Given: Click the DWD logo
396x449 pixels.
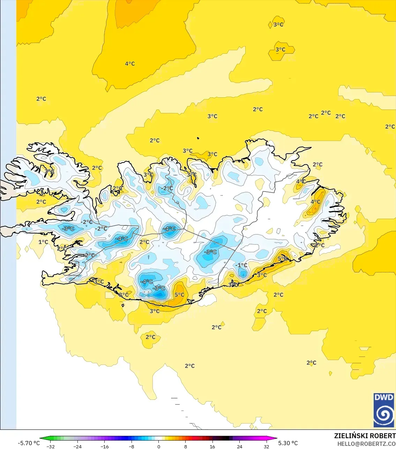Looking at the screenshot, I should click(384, 410).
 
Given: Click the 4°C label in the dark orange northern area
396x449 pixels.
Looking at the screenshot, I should click(130, 64).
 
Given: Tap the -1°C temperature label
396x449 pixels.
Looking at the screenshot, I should click(241, 265).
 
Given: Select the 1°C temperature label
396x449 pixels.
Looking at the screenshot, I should click(43, 242).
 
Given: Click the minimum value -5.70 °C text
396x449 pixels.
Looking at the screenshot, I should click(29, 443).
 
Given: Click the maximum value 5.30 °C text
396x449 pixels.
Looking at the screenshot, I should click(288, 443).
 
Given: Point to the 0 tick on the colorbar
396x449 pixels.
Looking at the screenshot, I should click(159, 446).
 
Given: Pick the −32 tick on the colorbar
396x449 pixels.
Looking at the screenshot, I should click(51, 446).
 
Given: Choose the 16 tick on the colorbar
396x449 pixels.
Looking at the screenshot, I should click(212, 446).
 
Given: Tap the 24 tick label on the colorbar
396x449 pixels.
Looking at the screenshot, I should click(239, 446).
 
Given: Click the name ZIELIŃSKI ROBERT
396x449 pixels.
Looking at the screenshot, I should click(365, 436).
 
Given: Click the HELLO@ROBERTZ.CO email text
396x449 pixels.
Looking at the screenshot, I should click(366, 444).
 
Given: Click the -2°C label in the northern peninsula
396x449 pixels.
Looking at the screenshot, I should click(167, 188).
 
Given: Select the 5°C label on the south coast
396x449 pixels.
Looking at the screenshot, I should click(179, 295).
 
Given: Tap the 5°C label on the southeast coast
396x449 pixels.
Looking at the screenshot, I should click(283, 259).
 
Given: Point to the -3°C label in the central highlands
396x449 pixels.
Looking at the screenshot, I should click(210, 252).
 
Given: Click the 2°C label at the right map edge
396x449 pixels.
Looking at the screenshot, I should click(390, 127).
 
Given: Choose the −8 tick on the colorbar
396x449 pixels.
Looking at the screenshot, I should click(132, 446).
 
